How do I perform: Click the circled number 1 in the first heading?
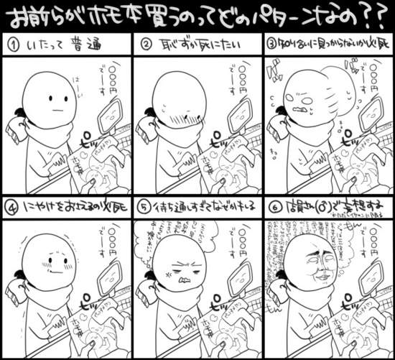(12, 46)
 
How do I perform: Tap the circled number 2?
(145, 46)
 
